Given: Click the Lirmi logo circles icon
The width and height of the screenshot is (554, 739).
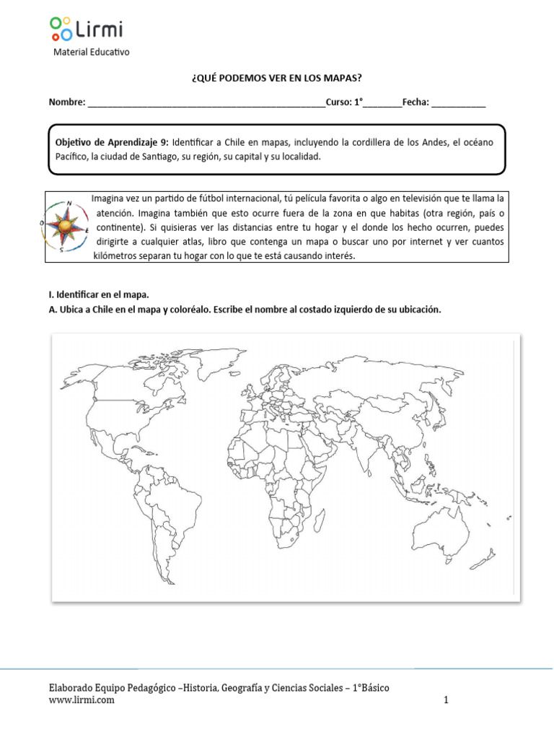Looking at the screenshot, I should tap(61, 28).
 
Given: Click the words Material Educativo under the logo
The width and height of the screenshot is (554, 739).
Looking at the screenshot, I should tap(92, 53).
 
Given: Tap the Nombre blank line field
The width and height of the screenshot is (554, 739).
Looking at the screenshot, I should tap(206, 102).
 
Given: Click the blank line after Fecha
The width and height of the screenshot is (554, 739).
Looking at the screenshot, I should tap(459, 102).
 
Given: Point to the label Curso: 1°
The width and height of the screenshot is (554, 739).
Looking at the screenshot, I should tap(344, 102).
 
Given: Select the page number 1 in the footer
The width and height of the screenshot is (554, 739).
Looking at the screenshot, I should tap(447, 700).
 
